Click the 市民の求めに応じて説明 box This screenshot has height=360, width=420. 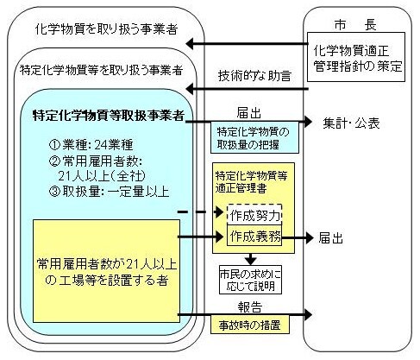[x=254, y=280]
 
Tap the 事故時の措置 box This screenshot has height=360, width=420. [x=249, y=327]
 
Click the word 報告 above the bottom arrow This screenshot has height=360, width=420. [x=250, y=306]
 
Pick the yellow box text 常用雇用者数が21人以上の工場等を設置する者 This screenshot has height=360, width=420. [x=101, y=271]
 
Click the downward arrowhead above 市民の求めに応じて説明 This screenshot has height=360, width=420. [x=254, y=259]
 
